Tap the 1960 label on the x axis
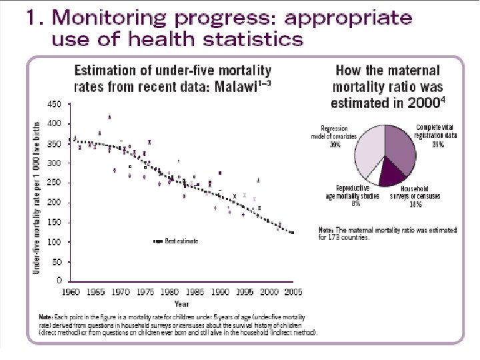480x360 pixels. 73,292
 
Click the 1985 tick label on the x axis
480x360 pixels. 195,292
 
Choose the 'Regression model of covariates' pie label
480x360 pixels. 340,135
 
